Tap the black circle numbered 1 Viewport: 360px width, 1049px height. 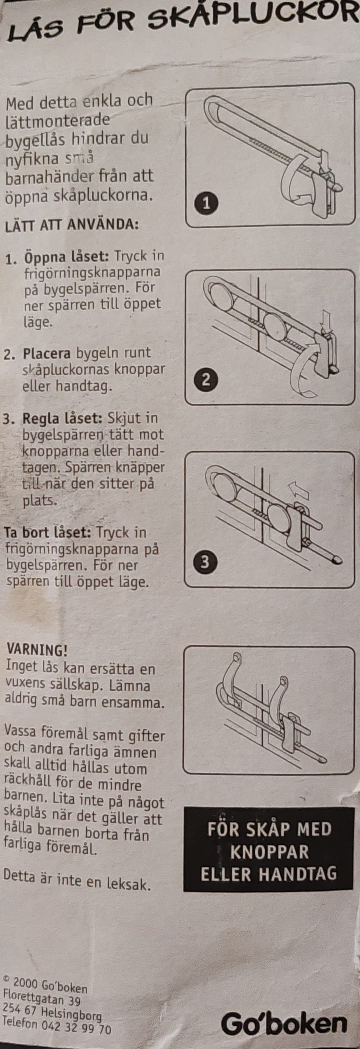pyautogui.click(x=207, y=203)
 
